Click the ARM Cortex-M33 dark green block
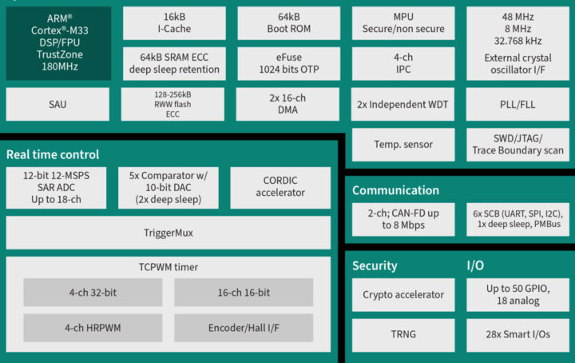click(x=58, y=43)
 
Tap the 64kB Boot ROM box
click(x=288, y=23)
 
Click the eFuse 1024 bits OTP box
click(x=288, y=63)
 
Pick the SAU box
click(x=58, y=104)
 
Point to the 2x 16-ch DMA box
click(x=288, y=104)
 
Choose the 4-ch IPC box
click(x=403, y=63)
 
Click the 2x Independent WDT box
click(x=403, y=104)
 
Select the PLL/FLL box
click(x=517, y=104)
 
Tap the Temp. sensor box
click(x=403, y=145)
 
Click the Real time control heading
click(x=53, y=154)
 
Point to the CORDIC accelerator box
click(x=280, y=186)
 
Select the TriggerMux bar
click(x=168, y=233)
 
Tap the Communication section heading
click(x=395, y=190)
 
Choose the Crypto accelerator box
click(x=403, y=295)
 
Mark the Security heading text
click(x=375, y=265)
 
